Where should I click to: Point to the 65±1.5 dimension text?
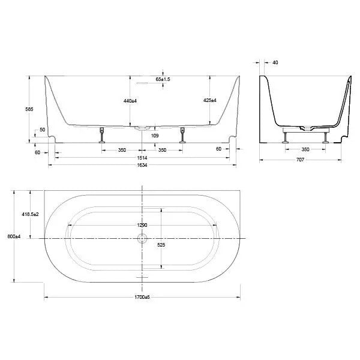tap(163, 79)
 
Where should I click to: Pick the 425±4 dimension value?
tap(209, 101)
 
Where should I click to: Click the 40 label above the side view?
tap(275, 62)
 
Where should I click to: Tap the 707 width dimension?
tap(301, 160)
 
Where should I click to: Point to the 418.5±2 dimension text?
tap(29, 214)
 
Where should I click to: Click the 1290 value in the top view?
tap(142, 226)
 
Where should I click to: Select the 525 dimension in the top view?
tap(161, 245)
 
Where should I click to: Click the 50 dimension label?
tap(42, 130)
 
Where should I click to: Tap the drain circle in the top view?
tap(142, 238)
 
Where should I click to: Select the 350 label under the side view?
tap(305, 149)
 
